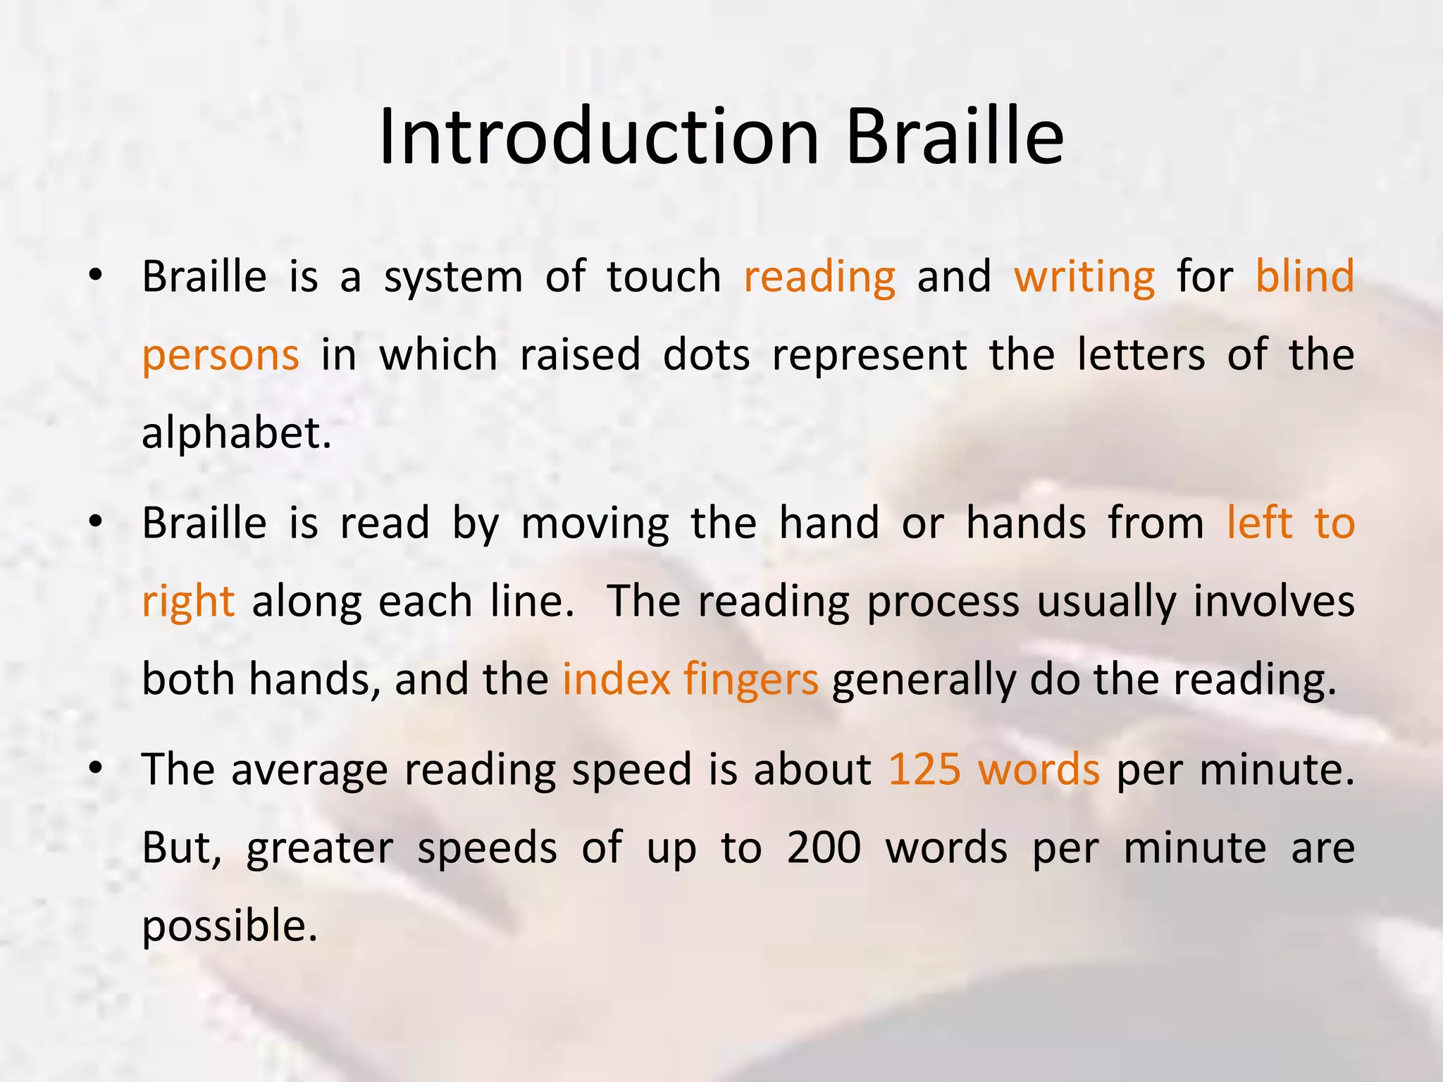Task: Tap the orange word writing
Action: [1084, 278]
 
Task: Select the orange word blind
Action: [1304, 276]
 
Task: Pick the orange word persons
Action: [221, 356]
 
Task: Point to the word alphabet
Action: [236, 433]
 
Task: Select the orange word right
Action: [188, 603]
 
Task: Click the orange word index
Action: [617, 680]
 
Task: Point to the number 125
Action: [924, 769]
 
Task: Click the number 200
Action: [824, 847]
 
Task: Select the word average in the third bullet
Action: [309, 771]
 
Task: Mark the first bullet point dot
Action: [97, 276]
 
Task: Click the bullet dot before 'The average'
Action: [97, 769]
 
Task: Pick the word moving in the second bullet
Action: [595, 525]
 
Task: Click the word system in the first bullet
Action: [453, 278]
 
